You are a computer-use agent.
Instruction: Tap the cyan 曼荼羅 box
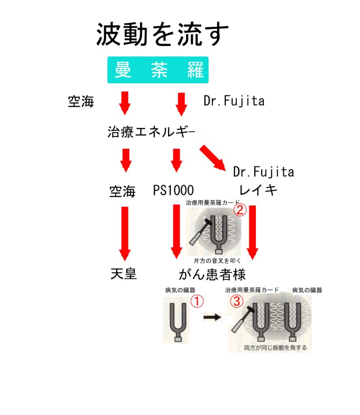coord(158,70)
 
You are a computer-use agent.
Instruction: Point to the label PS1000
coord(173,190)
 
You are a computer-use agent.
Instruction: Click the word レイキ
coord(258,189)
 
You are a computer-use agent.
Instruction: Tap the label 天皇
coord(124,274)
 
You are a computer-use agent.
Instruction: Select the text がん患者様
coord(212,275)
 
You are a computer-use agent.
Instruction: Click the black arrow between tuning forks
coord(212,318)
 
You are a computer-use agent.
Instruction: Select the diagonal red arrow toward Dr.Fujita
coord(212,158)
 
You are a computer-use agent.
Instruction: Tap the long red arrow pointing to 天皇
coord(125,233)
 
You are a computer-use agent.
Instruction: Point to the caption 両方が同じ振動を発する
coord(275,347)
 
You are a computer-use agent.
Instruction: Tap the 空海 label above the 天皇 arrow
coord(122,191)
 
